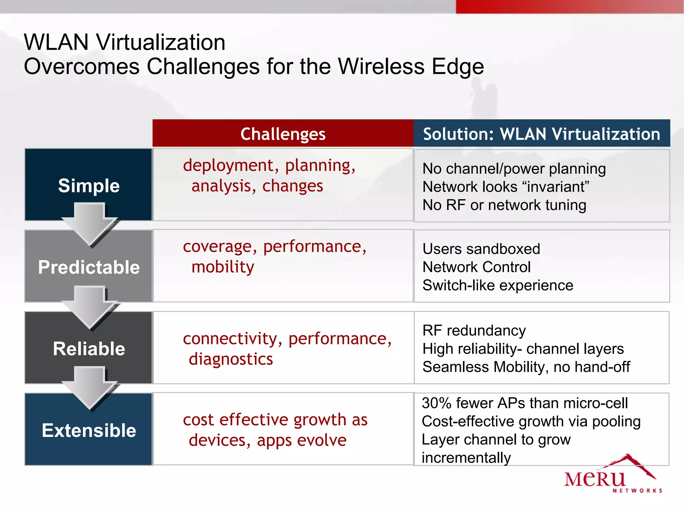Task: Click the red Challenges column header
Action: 283,134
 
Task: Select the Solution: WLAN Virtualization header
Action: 541,134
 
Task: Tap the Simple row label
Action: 89,185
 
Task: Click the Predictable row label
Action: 89,267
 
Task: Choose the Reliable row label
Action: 89,349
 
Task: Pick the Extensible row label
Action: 89,430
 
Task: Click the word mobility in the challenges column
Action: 223,267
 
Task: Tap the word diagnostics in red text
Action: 231,359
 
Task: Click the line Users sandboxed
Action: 481,249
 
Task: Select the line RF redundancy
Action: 474,331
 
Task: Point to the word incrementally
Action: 466,458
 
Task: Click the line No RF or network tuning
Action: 504,205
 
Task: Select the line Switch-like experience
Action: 498,285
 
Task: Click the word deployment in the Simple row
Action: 228,165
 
